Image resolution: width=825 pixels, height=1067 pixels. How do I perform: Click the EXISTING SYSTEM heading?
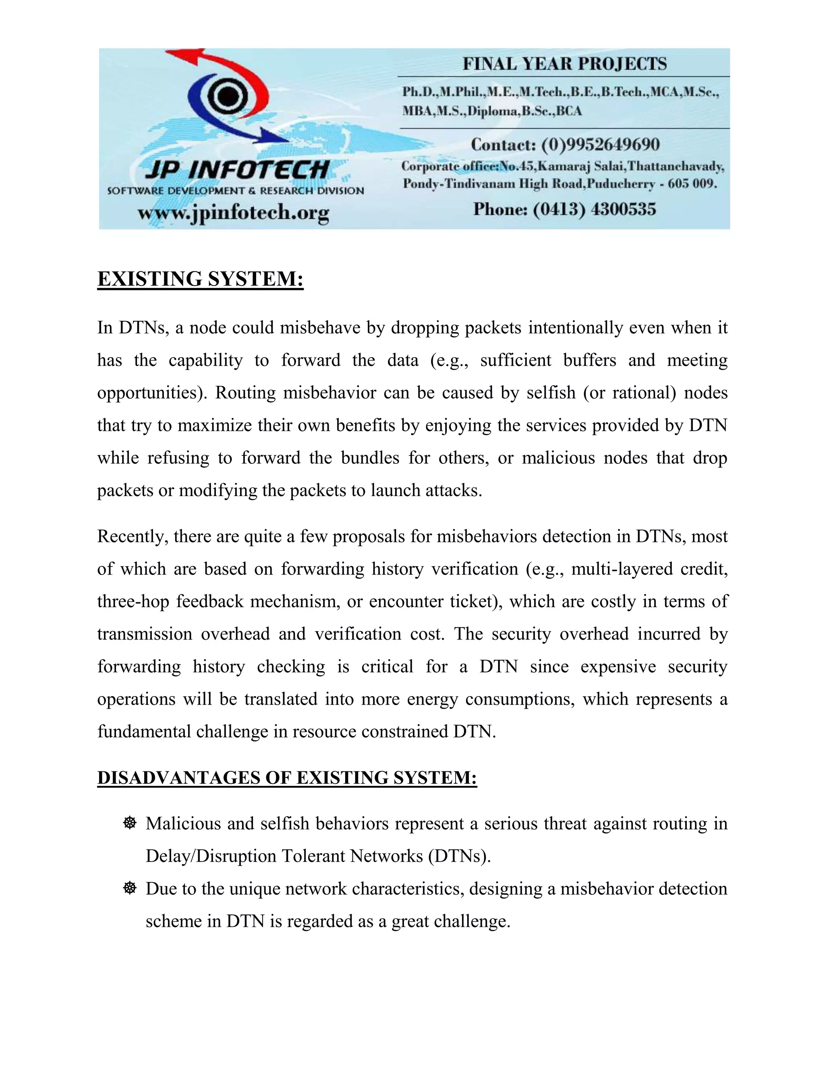200,279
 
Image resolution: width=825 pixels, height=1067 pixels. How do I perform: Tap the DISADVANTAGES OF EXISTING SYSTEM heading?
287,777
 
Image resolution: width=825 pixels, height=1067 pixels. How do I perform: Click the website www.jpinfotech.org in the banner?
233,213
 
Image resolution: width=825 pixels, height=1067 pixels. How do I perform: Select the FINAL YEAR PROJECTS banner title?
564,64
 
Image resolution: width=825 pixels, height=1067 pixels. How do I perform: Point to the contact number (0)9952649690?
600,145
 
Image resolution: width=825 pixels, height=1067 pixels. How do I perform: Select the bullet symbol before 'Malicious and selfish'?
130,823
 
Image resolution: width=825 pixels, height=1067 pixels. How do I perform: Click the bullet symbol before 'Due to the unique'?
130,888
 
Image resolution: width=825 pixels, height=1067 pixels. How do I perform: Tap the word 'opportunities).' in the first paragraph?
153,393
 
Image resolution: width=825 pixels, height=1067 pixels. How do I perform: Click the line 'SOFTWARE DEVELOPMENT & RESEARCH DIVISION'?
236,190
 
